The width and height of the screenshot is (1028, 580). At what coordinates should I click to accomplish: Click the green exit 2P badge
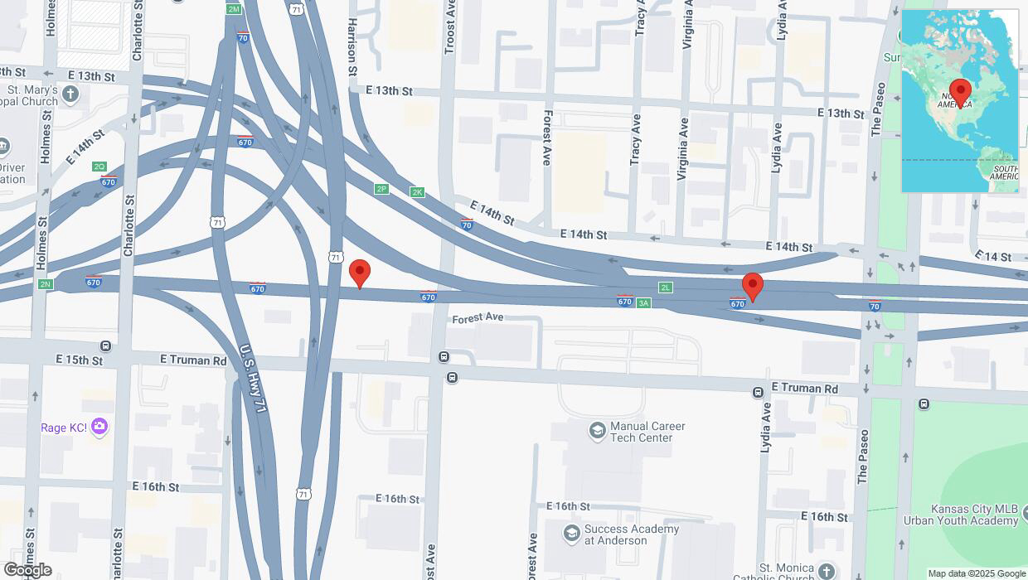click(381, 189)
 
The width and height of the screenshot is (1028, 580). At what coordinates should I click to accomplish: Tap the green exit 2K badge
click(417, 192)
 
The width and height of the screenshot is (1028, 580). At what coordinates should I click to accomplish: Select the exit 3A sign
click(643, 303)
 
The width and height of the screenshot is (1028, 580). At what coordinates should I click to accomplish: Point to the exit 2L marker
click(666, 288)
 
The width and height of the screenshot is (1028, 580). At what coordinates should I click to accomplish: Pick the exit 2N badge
click(45, 284)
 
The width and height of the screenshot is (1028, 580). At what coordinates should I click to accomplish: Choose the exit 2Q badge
click(99, 167)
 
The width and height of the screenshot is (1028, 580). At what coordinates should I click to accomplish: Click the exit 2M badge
click(234, 9)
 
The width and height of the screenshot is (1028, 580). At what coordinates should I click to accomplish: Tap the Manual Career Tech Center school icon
click(597, 430)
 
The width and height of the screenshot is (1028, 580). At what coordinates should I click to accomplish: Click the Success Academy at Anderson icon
click(571, 533)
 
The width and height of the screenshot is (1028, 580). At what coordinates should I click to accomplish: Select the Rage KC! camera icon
click(99, 428)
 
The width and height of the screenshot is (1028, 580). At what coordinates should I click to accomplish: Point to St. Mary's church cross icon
click(70, 94)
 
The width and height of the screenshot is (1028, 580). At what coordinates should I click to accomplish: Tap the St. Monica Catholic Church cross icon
click(826, 571)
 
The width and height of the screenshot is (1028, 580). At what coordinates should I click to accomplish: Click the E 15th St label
click(80, 360)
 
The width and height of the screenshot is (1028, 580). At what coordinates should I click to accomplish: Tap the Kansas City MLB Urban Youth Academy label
click(973, 515)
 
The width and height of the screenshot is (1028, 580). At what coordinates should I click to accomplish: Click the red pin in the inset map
click(960, 92)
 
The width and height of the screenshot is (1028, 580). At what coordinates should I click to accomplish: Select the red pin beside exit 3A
click(752, 287)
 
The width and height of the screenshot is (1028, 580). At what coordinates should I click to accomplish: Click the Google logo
click(27, 570)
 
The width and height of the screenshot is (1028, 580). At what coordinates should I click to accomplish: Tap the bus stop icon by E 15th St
click(106, 346)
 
